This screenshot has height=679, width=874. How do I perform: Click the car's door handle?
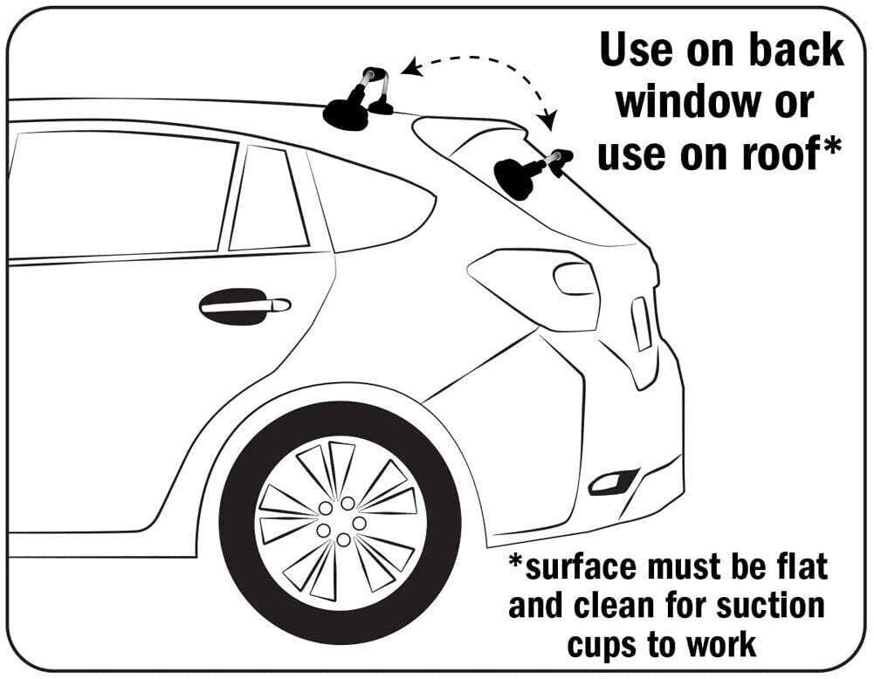point(244,306)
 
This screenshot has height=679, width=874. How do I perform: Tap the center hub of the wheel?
point(341,522)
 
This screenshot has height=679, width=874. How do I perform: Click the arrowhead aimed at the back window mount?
point(549,120)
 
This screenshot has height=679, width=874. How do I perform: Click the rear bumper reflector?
point(613,480)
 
